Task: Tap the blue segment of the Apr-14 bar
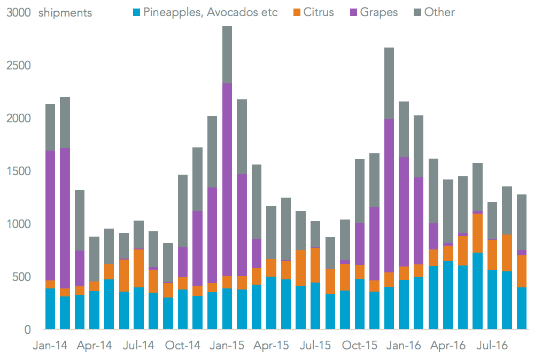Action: pos(95,310)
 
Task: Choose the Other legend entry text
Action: pos(439,12)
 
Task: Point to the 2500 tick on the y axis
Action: pos(19,66)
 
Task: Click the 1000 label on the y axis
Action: pos(19,224)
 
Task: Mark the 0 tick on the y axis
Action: pos(27,330)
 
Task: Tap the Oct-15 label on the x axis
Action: pos(360,346)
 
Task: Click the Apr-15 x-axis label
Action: pos(271,346)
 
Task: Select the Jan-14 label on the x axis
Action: pos(50,346)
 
